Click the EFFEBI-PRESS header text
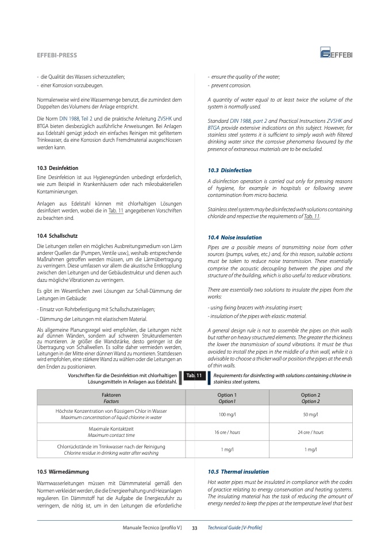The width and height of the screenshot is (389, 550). (56, 56)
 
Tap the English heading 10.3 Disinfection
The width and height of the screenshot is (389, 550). (229, 171)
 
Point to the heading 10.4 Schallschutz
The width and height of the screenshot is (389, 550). (53, 235)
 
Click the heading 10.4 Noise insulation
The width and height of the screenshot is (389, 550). (234, 237)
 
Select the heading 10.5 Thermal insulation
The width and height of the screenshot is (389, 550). (238, 471)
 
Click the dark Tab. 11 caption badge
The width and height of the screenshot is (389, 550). (194, 376)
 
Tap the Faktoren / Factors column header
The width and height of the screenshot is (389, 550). (111, 398)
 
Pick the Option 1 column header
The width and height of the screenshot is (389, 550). (227, 398)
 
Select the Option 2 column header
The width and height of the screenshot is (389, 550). (310, 398)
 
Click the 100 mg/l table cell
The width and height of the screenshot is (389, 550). (227, 415)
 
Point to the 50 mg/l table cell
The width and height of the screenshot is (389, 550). (310, 415)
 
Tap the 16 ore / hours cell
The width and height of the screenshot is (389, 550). (227, 432)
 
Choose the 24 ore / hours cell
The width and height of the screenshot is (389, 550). (310, 432)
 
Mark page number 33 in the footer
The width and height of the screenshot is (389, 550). (194, 527)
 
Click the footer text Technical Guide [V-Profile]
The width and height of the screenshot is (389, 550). (234, 527)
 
